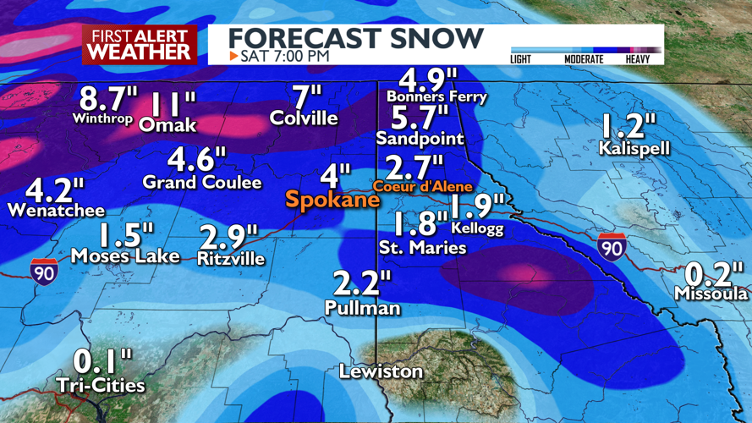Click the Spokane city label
tap(332, 201)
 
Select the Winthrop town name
tap(102, 118)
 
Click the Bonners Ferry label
tap(436, 96)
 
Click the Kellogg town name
tap(477, 228)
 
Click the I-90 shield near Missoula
tap(612, 245)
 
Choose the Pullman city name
tap(362, 309)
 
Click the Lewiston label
tap(381, 371)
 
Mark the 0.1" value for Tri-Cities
tap(102, 362)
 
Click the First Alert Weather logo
tap(140, 44)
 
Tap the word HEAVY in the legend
tap(638, 59)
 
